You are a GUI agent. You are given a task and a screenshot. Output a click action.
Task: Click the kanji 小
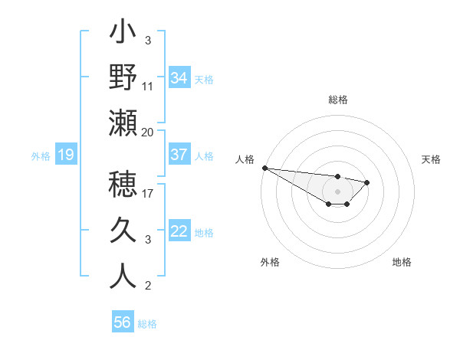coord(123,34)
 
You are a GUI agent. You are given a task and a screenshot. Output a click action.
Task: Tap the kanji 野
coord(123,77)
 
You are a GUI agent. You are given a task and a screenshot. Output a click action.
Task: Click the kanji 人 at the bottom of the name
coord(123,276)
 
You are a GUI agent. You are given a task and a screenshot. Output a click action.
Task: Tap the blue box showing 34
coord(179,78)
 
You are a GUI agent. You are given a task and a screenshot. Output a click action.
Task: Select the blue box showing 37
coord(179,155)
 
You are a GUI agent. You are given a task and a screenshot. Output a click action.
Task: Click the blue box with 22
coord(179,232)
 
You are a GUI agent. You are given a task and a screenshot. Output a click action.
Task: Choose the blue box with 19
coord(65,155)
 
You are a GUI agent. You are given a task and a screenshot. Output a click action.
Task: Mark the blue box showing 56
coord(122,322)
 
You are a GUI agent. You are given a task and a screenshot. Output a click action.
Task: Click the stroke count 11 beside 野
coord(148,86)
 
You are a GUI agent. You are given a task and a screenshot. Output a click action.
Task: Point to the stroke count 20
coord(148,131)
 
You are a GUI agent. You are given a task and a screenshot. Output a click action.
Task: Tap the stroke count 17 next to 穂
coord(148,194)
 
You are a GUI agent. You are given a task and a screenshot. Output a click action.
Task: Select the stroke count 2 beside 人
coord(148,286)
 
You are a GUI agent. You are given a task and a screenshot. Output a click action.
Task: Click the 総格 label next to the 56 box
coord(147,324)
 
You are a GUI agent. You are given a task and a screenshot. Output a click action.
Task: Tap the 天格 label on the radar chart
coord(432,159)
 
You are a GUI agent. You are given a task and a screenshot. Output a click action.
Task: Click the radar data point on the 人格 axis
coord(264,168)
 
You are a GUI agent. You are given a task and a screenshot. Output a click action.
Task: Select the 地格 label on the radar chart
coord(402,262)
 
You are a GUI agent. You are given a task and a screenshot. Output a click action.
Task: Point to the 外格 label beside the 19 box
coord(41,156)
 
